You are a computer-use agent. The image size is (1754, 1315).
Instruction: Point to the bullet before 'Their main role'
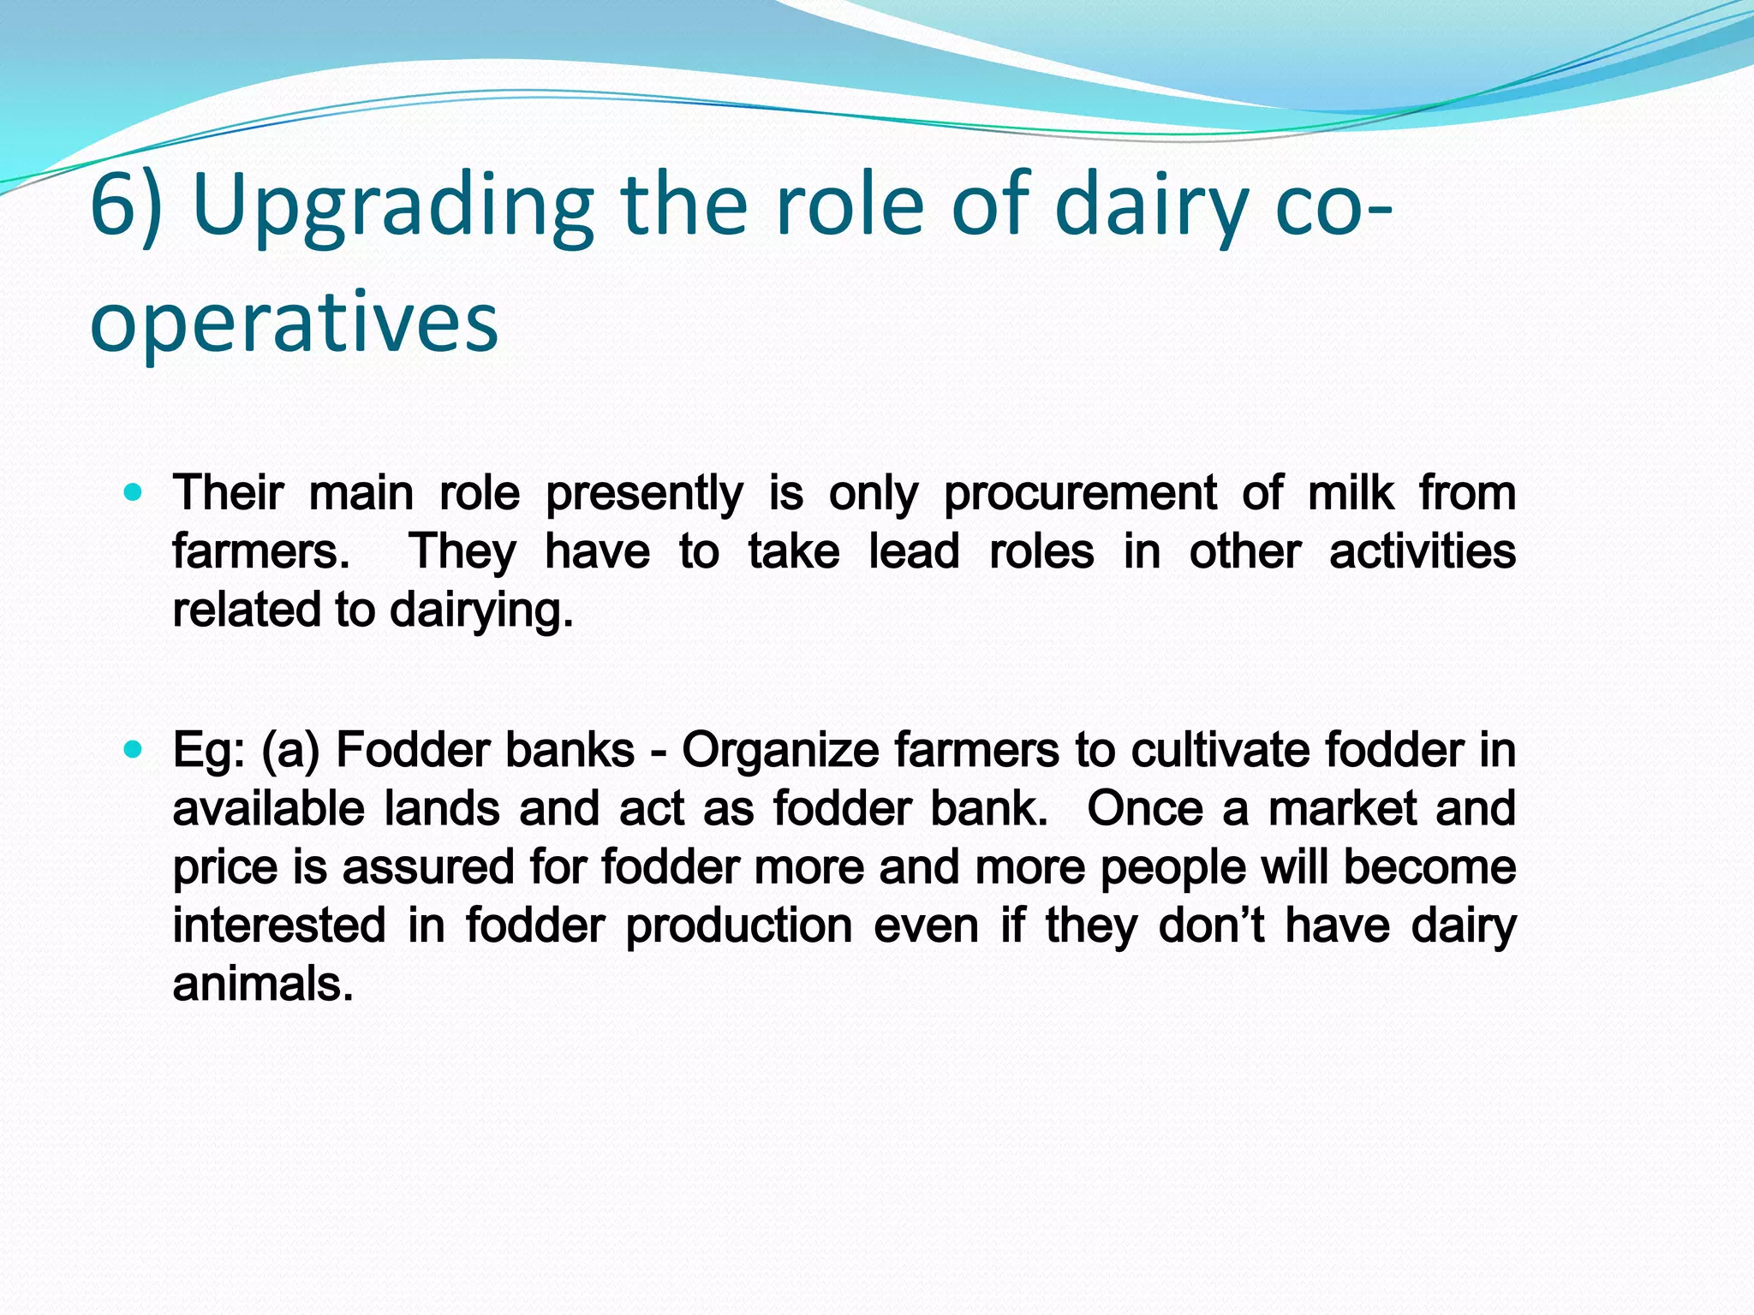[x=132, y=493]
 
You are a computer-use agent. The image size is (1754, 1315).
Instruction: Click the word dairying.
[x=480, y=611]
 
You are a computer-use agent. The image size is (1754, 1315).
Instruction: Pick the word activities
[x=1422, y=551]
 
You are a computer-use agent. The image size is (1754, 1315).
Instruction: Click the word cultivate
[x=1220, y=751]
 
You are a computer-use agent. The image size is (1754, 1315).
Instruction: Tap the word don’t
[x=1210, y=925]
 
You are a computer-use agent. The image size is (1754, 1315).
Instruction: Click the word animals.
[x=263, y=985]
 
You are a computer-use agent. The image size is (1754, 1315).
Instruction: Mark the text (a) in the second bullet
[x=290, y=751]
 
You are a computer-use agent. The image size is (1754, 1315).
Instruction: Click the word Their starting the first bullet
[x=228, y=493]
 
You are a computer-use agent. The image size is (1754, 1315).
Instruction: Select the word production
[x=738, y=926]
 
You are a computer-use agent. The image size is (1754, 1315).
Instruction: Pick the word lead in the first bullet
[x=913, y=551]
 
